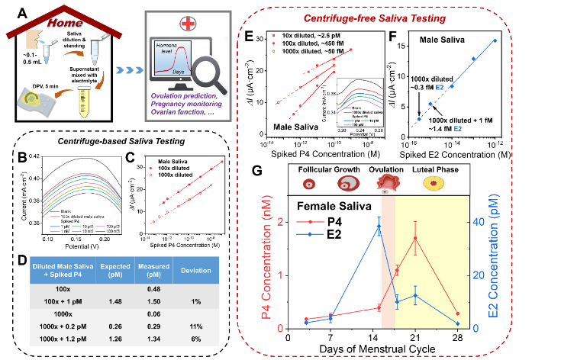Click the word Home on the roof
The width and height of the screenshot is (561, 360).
65,23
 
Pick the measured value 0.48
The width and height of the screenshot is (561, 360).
153,288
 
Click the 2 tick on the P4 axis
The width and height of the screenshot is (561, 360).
282,222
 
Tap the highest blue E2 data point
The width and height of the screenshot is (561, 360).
379,228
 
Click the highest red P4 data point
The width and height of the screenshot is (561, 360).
415,239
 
